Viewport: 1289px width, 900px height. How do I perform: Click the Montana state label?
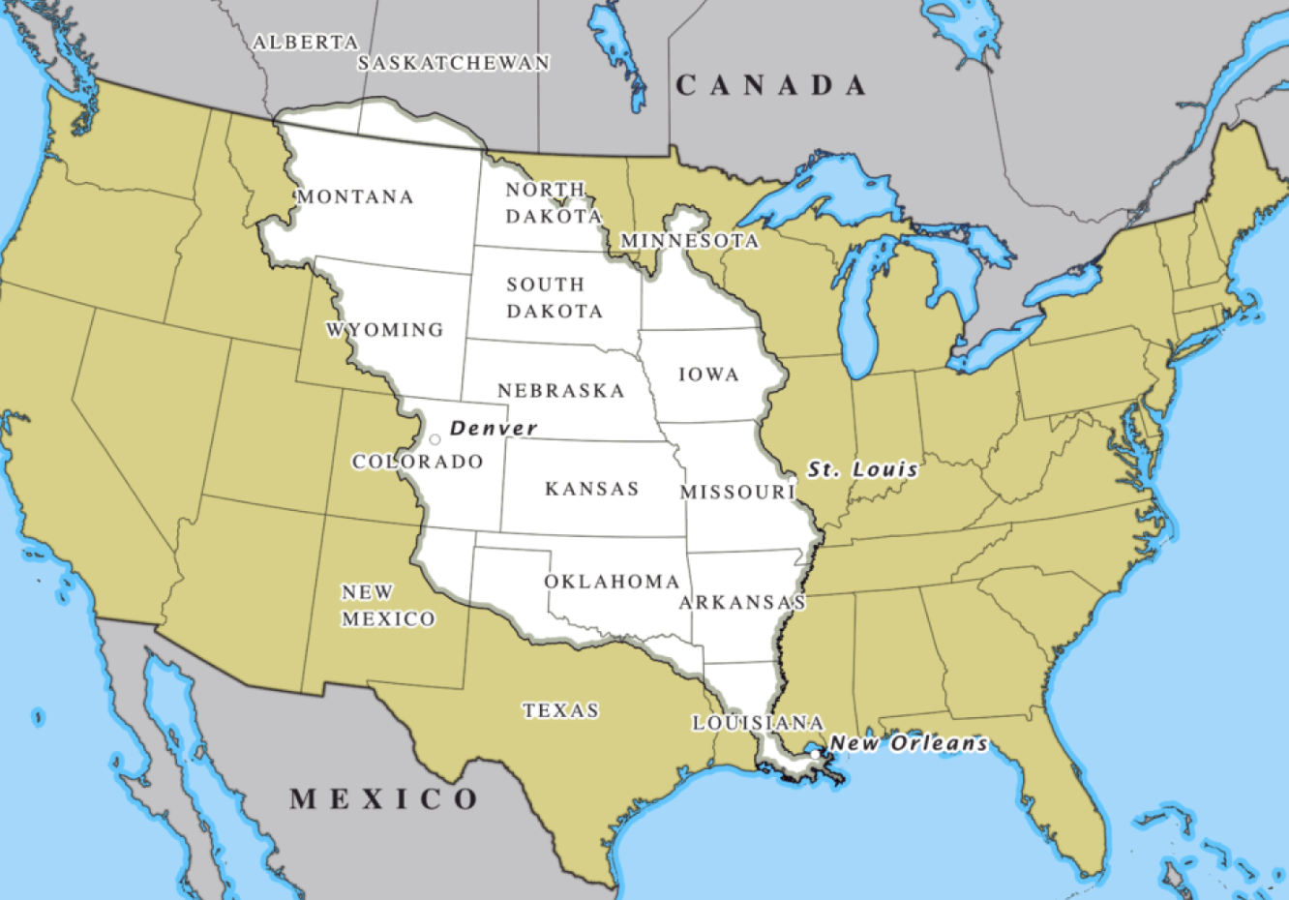coord(355,197)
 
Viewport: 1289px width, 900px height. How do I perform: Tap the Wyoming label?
coord(384,330)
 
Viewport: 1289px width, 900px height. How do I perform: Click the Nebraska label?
coord(561,391)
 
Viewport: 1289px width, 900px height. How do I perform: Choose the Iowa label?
coord(708,375)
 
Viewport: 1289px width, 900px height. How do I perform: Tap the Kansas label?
coord(591,489)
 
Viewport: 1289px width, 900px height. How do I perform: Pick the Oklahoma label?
coord(612,582)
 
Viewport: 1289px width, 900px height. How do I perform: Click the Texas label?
coord(560,710)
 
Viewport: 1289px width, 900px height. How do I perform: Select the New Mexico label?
coord(387,606)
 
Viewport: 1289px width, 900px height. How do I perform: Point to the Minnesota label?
coord(689,240)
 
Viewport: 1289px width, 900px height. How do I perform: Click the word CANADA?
coord(770,86)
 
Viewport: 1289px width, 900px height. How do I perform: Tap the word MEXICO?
coord(384,799)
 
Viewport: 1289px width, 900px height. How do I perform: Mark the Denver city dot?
coord(435,439)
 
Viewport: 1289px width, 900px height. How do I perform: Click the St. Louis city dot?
coord(793,480)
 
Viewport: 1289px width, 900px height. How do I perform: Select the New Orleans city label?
coord(909,743)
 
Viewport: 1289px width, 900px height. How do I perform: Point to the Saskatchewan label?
coord(453,63)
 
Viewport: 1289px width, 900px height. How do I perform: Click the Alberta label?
coord(305,43)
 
